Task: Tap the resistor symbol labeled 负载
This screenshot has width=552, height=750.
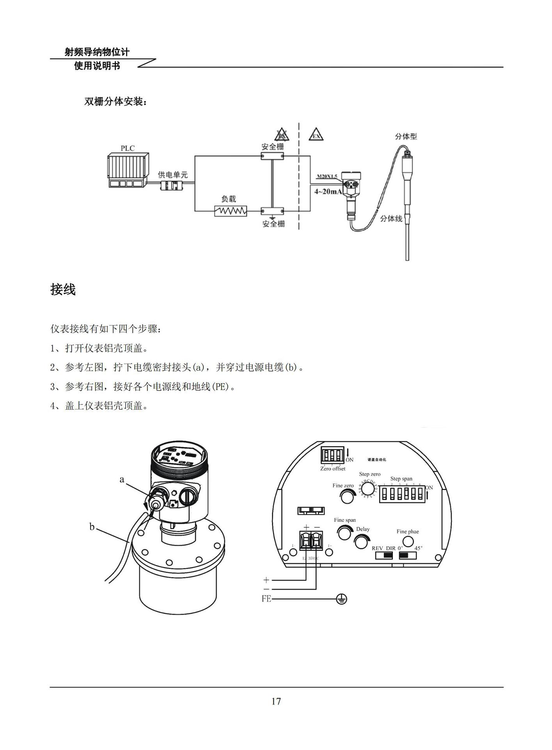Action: pos(231,211)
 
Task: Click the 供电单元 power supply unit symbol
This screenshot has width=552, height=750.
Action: pos(172,186)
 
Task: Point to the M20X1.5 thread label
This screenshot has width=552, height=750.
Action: pos(327,176)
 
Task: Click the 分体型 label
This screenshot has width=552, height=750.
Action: pos(406,136)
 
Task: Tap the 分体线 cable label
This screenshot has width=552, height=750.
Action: pos(391,219)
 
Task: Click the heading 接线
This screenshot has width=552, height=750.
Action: pos(63,289)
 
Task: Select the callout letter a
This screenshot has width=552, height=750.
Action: pos(122,479)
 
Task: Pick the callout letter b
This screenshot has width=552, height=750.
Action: pos(92,527)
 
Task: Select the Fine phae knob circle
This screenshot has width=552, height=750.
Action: pos(408,541)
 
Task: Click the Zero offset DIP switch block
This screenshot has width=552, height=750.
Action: pos(332,455)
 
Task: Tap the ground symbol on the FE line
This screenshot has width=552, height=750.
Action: pos(341,599)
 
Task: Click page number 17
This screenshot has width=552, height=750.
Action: pos(276,701)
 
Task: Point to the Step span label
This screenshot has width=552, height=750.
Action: pos(401,479)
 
